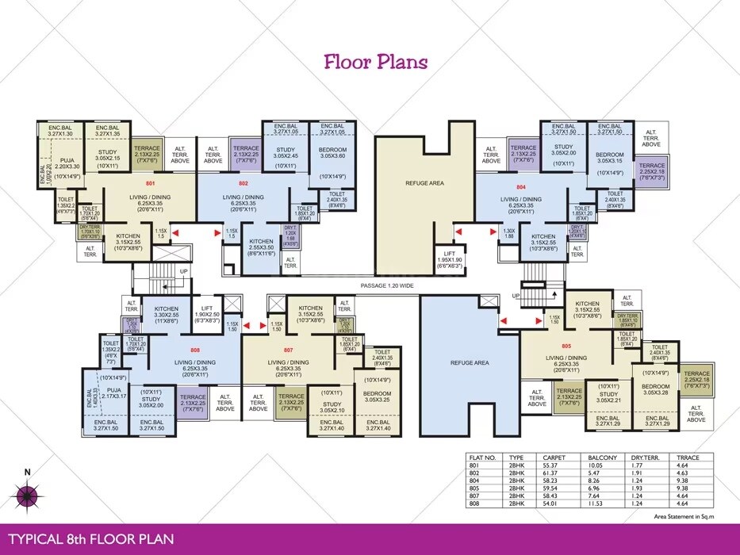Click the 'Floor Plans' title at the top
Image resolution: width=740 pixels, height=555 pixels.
(376, 62)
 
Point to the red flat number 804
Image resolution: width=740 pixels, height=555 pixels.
(521, 187)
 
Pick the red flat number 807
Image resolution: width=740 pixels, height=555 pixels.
(289, 350)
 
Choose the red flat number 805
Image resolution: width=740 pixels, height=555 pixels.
(566, 346)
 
